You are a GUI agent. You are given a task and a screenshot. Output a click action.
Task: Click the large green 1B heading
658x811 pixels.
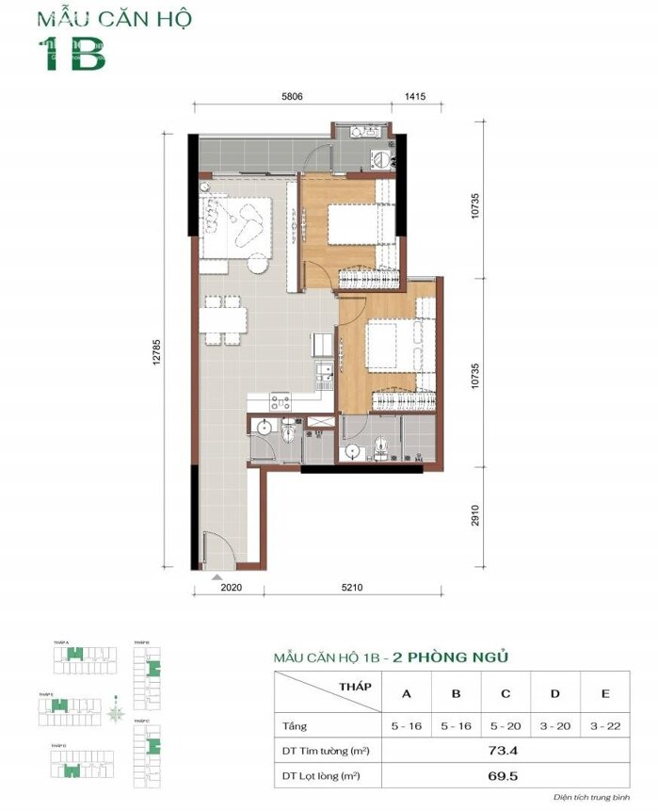(72, 56)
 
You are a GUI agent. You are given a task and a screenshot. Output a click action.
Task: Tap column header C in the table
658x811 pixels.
(506, 694)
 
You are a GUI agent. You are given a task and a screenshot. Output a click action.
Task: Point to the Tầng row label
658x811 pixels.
(295, 724)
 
